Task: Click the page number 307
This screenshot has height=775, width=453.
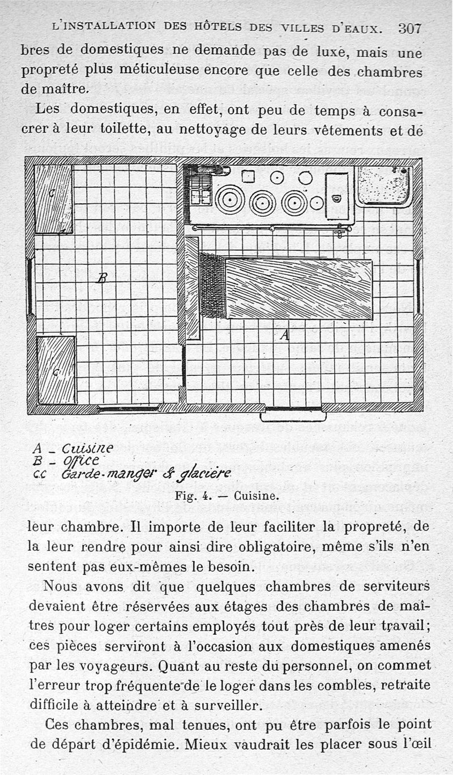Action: [410, 28]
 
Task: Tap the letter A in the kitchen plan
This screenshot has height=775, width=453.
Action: [284, 335]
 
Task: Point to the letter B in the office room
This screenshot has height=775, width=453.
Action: [102, 277]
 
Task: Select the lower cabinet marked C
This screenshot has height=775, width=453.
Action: [56, 370]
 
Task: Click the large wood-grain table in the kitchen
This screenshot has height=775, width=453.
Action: [298, 289]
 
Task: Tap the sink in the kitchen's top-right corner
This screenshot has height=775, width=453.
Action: [384, 185]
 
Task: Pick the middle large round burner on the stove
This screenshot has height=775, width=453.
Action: [262, 203]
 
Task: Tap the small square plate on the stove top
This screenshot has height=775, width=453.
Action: [248, 176]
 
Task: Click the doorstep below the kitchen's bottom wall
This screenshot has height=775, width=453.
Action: [293, 416]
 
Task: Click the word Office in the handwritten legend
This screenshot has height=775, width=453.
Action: [80, 460]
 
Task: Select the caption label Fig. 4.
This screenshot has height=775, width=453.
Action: [193, 496]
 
